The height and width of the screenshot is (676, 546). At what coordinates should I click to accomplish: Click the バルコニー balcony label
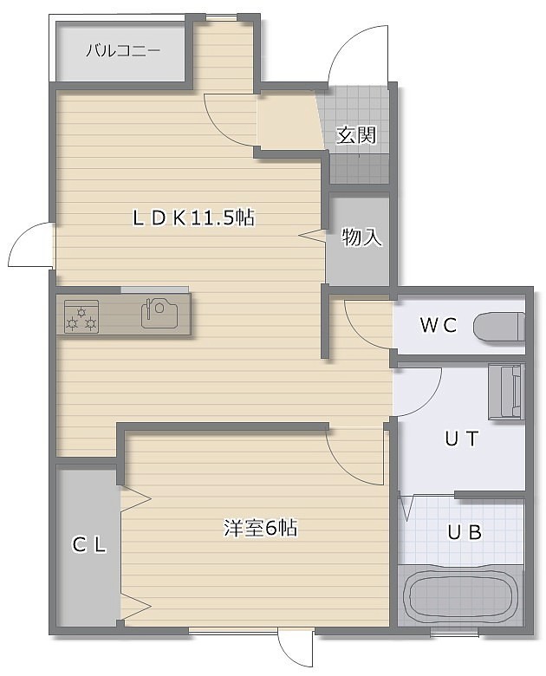click(x=123, y=52)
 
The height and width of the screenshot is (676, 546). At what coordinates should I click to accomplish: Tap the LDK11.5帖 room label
click(x=193, y=218)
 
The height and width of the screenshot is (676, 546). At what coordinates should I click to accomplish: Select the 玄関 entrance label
click(x=356, y=135)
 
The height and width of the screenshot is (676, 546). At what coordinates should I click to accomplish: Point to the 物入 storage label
click(x=362, y=237)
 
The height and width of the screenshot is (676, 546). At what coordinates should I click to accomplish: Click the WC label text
click(x=439, y=325)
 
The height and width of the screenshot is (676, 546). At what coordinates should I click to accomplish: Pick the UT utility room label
click(x=462, y=439)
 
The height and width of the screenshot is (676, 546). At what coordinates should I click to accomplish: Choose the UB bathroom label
click(x=465, y=533)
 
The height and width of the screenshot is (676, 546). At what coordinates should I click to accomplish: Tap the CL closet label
click(x=89, y=545)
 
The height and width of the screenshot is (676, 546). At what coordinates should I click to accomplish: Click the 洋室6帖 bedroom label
click(x=261, y=528)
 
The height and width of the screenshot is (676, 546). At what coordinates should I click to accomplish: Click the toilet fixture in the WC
click(x=499, y=327)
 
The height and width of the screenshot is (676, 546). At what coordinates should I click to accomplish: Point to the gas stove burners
click(x=81, y=316)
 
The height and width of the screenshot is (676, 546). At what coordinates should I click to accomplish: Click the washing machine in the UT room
click(x=506, y=392)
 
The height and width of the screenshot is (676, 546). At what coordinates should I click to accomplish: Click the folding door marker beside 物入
click(x=312, y=236)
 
